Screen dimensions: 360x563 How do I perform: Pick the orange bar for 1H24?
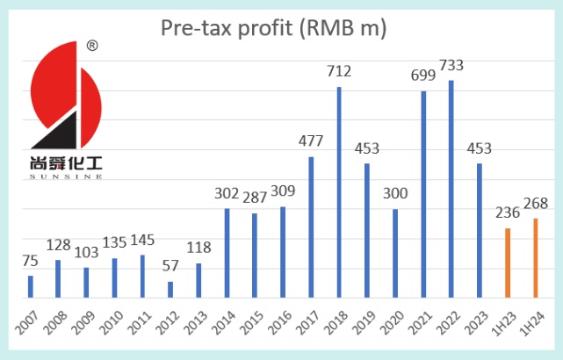pyautogui.click(x=536, y=258)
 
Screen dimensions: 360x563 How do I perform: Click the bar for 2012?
pyautogui.click(x=170, y=290)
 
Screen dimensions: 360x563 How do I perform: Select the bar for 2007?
pyautogui.click(x=30, y=287)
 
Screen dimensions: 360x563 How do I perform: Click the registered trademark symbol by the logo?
pyautogui.click(x=92, y=45)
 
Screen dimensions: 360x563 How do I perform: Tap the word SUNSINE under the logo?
pyautogui.click(x=66, y=176)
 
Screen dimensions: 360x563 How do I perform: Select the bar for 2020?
pyautogui.click(x=395, y=254)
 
